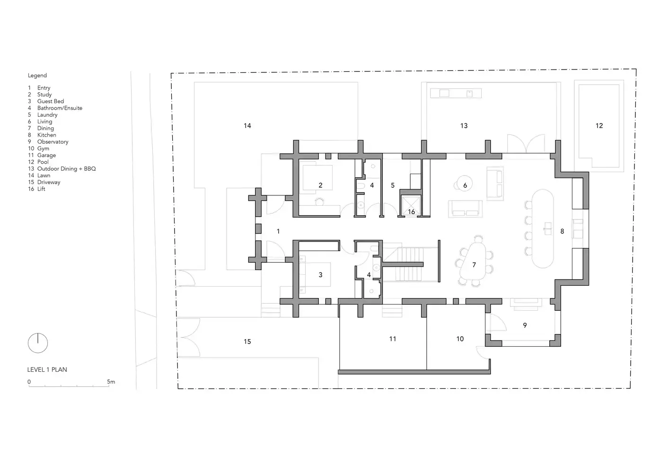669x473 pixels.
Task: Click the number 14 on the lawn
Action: coord(247,126)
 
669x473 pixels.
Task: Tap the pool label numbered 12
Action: coord(599,126)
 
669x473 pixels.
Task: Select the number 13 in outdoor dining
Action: coord(464,126)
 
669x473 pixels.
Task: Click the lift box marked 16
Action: coord(411,205)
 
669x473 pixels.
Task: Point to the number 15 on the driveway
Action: coord(247,342)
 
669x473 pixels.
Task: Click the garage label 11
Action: coord(393,339)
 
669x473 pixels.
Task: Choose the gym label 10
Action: coord(460,339)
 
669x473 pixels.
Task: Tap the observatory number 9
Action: coord(525,325)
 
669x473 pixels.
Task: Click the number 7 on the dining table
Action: coord(474,265)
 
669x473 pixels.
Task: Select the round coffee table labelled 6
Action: coord(465,184)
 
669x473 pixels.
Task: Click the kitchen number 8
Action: coord(562,231)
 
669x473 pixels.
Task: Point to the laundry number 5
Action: coord(393,185)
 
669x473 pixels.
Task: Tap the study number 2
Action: coord(320,185)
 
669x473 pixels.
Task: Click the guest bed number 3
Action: coord(320,275)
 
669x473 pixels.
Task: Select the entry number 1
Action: coord(278,231)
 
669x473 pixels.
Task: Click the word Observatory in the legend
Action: coord(53,142)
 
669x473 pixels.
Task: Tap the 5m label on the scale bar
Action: coord(111,382)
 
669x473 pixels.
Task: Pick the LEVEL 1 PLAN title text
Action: coord(47,370)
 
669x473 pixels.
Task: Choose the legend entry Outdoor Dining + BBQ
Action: coord(67,169)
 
